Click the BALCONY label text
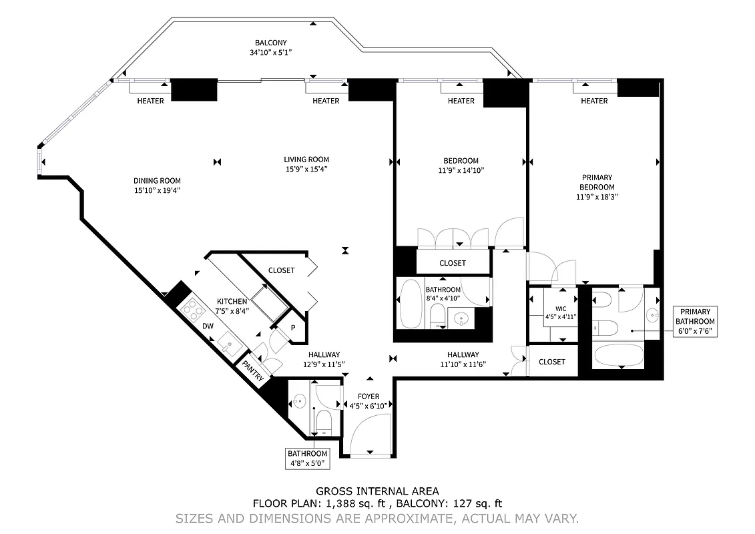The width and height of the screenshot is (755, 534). point(270,43)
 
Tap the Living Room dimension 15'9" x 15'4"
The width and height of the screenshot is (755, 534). point(306,170)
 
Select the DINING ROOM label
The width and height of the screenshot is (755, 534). point(157,181)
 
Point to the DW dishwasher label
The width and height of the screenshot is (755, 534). point(208,326)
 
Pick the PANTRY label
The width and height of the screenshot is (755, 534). point(254,372)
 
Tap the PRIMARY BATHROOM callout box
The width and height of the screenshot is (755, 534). point(695,322)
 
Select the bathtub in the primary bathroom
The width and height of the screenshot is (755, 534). point(619,355)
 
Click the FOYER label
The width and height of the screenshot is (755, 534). point(368,396)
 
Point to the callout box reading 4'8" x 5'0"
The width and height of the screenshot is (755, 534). point(308,459)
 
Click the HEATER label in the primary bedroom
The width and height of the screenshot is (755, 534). point(594,101)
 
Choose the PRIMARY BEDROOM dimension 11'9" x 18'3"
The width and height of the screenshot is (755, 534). point(596,197)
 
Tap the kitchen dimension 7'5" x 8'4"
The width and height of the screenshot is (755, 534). point(232,311)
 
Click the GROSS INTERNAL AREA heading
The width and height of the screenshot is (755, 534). point(377,491)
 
